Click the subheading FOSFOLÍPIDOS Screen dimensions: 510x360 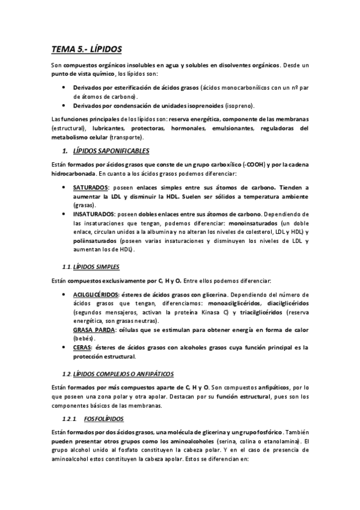[107, 419]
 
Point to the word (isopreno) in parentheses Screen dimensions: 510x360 [240, 105]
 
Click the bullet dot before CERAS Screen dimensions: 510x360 [64, 347]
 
